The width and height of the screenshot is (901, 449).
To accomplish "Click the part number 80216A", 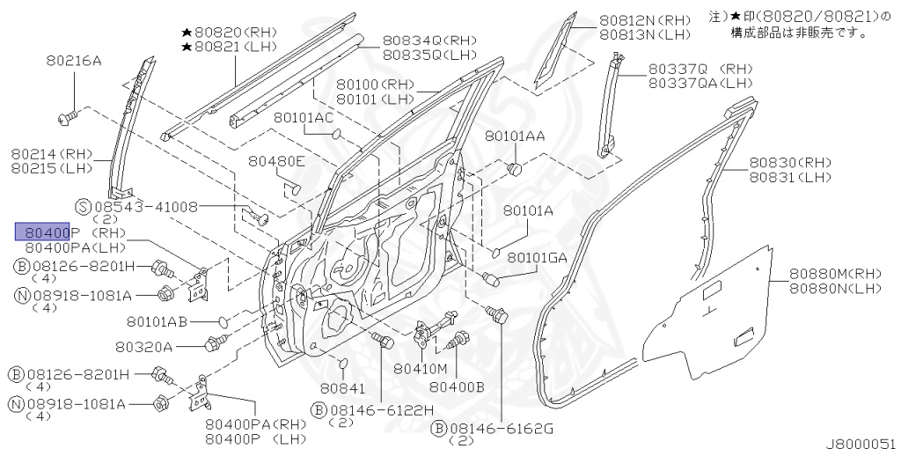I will [74, 61].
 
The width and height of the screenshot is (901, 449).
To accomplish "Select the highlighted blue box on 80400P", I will [43, 232].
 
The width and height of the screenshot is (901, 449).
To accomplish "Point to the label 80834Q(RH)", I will [429, 40].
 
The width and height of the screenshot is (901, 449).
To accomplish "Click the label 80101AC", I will [303, 117].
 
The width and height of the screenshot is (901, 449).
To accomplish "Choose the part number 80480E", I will [276, 161].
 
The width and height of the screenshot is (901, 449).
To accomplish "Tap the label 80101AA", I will [515, 136].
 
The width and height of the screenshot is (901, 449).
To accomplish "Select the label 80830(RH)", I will [790, 163].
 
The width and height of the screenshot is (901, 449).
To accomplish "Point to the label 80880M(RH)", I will [835, 274].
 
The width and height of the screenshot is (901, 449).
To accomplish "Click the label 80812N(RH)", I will [645, 20].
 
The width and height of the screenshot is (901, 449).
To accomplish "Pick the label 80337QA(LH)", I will [700, 83].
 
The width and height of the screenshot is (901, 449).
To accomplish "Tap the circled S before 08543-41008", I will [83, 206].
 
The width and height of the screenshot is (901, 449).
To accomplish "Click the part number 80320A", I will [143, 346].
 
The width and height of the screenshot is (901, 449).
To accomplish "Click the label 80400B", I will [457, 386].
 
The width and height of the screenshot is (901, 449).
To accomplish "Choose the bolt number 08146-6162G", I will [501, 428].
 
